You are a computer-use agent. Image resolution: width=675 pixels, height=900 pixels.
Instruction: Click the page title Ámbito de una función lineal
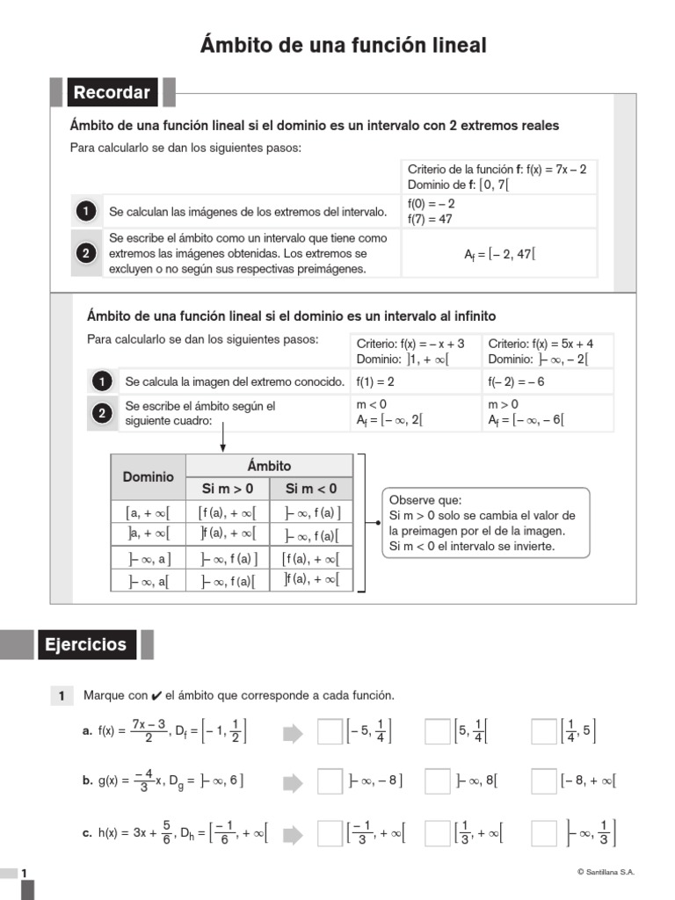coord(343,45)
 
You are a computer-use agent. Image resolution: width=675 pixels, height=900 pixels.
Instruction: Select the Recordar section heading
coord(112,92)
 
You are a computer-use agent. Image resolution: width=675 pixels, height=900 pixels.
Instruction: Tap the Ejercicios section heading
coord(87,644)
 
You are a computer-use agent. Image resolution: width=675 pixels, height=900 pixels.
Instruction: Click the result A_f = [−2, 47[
coord(499,254)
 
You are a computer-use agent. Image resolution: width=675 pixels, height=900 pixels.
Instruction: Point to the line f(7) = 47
coord(430,219)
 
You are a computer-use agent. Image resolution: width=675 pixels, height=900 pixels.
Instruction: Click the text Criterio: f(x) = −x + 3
coord(410,344)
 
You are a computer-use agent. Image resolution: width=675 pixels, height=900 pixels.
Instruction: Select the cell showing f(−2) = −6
coord(516,382)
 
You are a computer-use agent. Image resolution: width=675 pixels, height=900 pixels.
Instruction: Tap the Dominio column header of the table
coord(148,477)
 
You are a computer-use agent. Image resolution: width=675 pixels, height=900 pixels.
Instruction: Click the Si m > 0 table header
coord(228,489)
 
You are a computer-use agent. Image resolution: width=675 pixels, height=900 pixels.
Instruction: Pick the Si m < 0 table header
coord(311,489)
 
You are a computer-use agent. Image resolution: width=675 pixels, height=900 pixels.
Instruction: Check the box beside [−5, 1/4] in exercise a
coord(330,731)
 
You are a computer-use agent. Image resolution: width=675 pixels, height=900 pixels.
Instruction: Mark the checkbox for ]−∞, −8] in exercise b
coord(330,780)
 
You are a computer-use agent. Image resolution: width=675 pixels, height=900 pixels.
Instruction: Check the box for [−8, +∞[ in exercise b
coord(544,780)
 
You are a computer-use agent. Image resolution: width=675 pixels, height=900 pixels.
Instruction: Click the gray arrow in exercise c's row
coord(293,832)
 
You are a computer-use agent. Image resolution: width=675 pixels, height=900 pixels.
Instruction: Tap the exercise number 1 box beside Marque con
coord(62,696)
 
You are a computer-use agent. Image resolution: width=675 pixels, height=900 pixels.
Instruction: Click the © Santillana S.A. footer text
coord(606,872)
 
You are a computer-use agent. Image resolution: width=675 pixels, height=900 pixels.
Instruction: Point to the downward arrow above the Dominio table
coord(223,436)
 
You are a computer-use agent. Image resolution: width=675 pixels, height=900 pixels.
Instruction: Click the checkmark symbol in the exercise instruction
coord(156,696)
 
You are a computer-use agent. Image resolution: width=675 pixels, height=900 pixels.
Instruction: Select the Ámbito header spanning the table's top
coord(269,466)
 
